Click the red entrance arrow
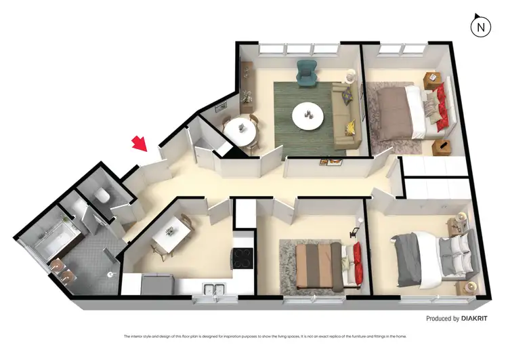point(140,144)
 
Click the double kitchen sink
point(213,289)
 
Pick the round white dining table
point(240,131)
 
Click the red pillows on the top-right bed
point(440,108)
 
